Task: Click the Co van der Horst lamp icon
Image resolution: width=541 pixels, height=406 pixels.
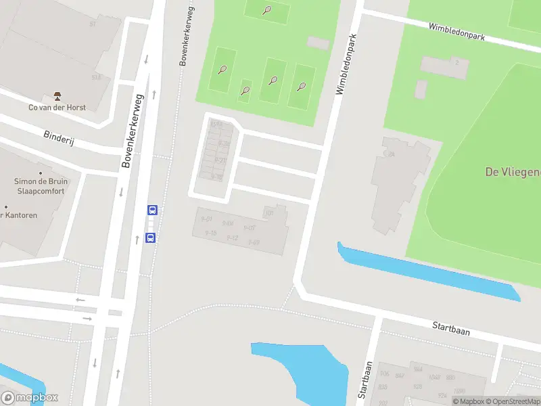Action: click(x=56, y=96)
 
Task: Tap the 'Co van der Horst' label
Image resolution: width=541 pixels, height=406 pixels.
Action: click(x=57, y=107)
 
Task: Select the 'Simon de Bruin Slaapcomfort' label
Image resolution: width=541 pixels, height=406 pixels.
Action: click(x=39, y=186)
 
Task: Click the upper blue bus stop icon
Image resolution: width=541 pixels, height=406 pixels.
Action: click(x=153, y=210)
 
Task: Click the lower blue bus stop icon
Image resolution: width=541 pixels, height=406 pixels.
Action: click(x=150, y=238)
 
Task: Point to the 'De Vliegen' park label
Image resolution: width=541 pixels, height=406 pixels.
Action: click(x=513, y=172)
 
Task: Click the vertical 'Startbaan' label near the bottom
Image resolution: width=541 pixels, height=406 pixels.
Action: click(x=366, y=379)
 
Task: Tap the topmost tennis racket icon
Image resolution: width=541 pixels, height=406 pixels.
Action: click(x=268, y=10)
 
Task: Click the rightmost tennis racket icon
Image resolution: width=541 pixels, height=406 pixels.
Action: click(x=302, y=87)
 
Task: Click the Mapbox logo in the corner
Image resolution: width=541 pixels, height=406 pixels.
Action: click(x=30, y=398)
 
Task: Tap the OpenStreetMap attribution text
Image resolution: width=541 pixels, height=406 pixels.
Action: click(x=513, y=401)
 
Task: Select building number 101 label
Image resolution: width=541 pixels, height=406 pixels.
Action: click(x=269, y=214)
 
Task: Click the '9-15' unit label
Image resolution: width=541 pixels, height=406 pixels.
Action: click(x=210, y=233)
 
